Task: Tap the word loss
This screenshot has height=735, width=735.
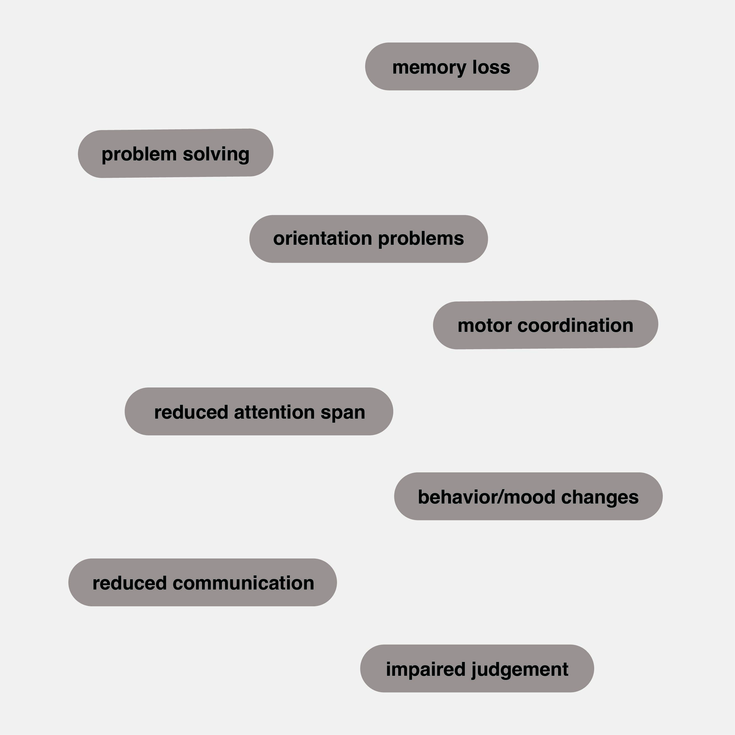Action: click(x=491, y=67)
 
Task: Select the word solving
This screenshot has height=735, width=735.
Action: click(x=216, y=154)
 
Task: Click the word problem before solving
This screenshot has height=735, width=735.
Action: click(x=139, y=154)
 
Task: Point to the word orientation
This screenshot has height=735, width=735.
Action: click(x=322, y=239)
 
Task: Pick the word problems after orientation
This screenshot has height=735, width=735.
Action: click(x=421, y=239)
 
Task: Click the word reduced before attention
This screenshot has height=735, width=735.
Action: click(x=191, y=412)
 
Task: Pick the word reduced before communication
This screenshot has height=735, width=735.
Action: click(x=129, y=583)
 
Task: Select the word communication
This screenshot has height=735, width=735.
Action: click(x=243, y=583)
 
